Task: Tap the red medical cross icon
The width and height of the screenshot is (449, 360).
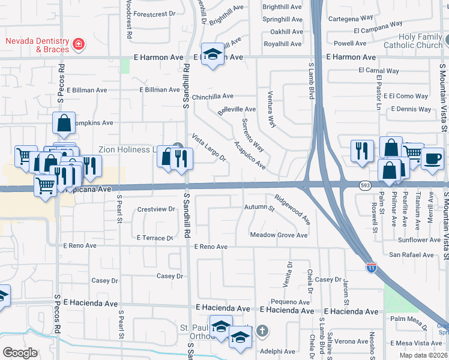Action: [x=79, y=44]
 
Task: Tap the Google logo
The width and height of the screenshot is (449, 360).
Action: [x=20, y=353]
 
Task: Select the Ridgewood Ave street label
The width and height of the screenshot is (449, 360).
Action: [x=292, y=209]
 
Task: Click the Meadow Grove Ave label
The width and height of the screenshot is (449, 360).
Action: [x=279, y=235]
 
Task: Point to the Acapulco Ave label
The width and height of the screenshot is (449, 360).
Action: [x=250, y=156]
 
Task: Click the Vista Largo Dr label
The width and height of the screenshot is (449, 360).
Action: [x=208, y=148]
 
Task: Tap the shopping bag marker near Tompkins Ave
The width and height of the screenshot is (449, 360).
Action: [x=64, y=123]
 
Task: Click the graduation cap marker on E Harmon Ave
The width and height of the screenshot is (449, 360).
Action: [x=211, y=55]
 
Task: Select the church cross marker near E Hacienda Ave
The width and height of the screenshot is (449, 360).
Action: [x=261, y=331]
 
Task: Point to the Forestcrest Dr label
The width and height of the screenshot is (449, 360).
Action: [x=154, y=13]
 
